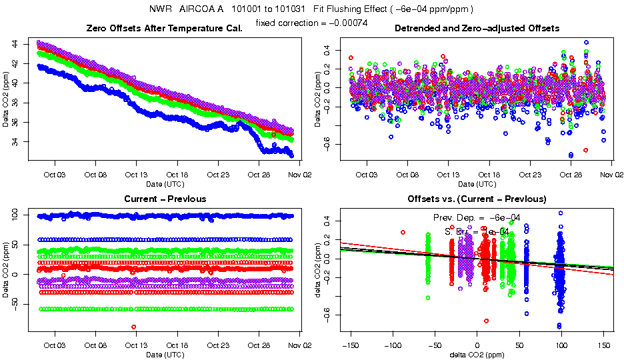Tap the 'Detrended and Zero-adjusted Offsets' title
coord(477,28)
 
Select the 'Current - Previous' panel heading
coord(165,199)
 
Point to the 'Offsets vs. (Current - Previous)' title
coord(477,199)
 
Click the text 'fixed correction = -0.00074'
coord(311,23)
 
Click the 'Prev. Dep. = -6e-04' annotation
coord(477,218)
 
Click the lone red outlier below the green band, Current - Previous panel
coord(134,327)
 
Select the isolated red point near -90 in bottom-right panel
coord(403,232)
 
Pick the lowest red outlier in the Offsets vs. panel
coord(486,321)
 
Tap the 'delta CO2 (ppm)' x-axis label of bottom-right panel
coord(477,354)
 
